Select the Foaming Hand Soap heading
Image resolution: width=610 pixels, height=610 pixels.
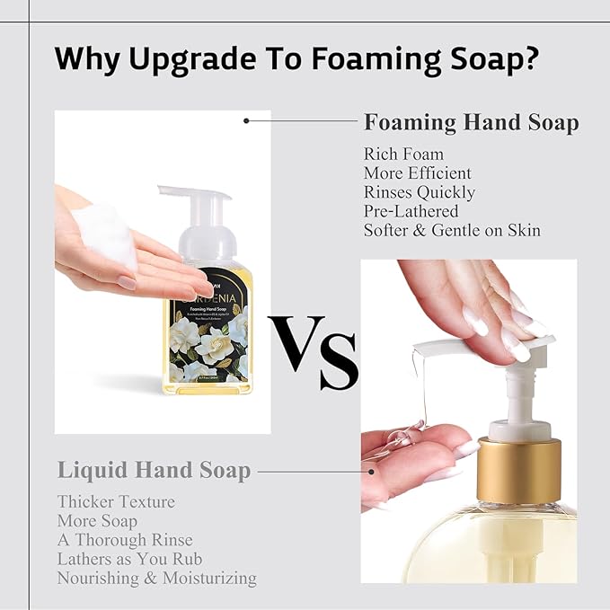[x=471, y=123]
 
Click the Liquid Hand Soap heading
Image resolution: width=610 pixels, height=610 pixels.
[x=154, y=469]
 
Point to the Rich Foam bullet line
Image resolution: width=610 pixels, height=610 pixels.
[x=403, y=155]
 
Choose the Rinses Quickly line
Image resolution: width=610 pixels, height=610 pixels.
[x=420, y=192]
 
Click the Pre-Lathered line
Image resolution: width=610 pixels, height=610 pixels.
[x=411, y=211]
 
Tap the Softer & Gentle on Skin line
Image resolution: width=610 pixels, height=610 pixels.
[x=452, y=230]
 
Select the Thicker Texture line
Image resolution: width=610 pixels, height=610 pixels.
[x=116, y=501]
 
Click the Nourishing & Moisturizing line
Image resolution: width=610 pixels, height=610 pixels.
[x=157, y=578]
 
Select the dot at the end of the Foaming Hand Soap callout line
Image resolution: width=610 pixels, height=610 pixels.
[x=247, y=119]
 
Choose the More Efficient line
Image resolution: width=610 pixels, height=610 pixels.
[x=417, y=173]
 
